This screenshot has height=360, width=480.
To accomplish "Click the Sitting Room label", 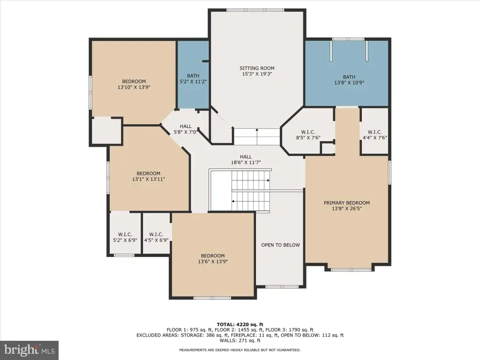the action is (x=257, y=68).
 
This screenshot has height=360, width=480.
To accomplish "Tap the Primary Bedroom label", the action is (x=346, y=202).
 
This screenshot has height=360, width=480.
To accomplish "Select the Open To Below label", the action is (x=280, y=245).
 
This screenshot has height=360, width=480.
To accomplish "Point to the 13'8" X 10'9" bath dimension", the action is (x=349, y=82).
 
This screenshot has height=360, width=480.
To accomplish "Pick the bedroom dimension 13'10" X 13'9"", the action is (x=134, y=87).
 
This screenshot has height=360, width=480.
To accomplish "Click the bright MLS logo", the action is (x=30, y=350).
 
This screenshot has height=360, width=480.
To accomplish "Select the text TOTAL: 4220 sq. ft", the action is (x=240, y=324).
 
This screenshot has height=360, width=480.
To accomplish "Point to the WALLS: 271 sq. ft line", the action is (x=240, y=340).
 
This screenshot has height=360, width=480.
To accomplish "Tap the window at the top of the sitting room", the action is (x=255, y=10).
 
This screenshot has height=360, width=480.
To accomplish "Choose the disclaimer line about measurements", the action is (x=240, y=350).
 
